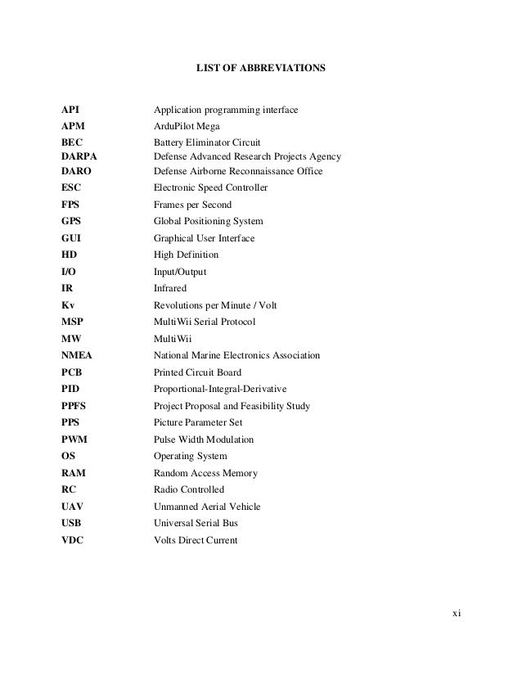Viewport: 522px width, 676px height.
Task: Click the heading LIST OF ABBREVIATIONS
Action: point(260,73)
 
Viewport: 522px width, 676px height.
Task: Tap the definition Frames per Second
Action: point(192,205)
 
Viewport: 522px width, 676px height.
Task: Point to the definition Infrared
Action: point(170,288)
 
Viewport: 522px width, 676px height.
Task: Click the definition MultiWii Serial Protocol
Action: point(205,322)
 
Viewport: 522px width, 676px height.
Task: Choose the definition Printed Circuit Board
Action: point(197,372)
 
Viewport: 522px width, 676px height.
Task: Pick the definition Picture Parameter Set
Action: point(198,422)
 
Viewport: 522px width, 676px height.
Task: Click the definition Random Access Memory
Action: point(205,473)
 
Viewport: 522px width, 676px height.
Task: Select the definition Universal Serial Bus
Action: point(196,523)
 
